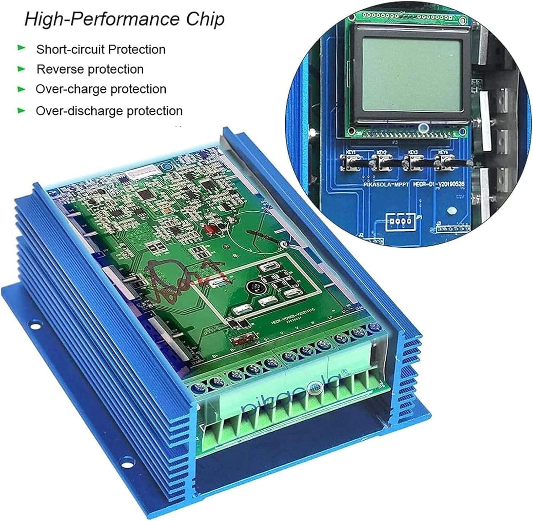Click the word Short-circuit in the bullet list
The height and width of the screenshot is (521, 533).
pyautogui.click(x=71, y=49)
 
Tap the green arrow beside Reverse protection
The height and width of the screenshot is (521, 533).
pyautogui.click(x=22, y=68)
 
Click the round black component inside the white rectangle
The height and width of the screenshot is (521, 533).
pyautogui.click(x=254, y=287)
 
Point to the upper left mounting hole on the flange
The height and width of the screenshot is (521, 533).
pyautogui.click(x=33, y=325)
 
